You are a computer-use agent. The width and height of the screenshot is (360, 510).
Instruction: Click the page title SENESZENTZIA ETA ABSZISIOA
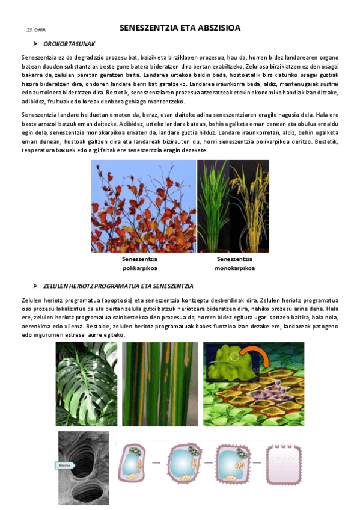coord(180,28)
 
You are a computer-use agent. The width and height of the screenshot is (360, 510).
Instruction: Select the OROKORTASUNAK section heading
coord(69,44)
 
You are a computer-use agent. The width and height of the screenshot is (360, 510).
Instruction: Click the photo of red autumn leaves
coord(143,206)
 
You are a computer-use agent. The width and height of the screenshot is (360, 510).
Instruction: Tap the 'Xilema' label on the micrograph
coord(65,465)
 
